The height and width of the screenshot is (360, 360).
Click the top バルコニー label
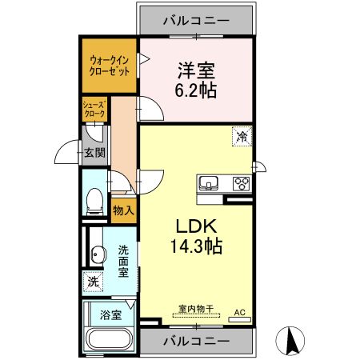pos(197,20)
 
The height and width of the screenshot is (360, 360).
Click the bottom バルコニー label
pos(197,342)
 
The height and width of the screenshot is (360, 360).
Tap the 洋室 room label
pos(196,70)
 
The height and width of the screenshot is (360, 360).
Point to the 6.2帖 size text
pos(196,90)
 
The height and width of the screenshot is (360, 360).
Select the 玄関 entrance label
pos(96,154)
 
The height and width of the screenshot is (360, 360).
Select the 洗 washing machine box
pos(93,282)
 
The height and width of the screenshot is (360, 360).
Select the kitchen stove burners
pos(242,183)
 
